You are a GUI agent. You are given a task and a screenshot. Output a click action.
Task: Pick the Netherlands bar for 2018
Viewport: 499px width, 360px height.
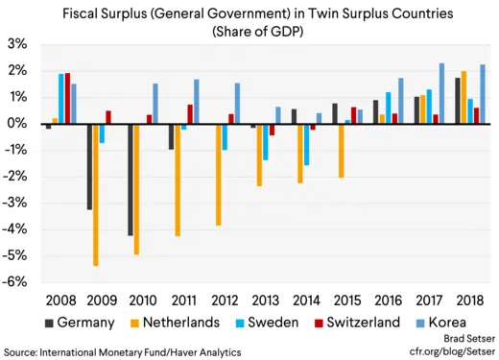tap(464, 97)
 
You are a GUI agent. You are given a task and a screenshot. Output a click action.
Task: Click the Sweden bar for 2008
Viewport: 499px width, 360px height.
tap(61, 99)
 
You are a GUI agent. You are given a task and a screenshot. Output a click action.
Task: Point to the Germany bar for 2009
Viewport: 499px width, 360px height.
tap(88, 167)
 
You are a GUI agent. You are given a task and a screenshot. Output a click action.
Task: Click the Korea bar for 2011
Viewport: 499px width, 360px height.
tap(197, 102)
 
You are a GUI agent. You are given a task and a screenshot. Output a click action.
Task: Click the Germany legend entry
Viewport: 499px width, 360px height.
tap(79, 324)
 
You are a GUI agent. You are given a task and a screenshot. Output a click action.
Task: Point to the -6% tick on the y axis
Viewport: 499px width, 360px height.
tap(16, 282)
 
